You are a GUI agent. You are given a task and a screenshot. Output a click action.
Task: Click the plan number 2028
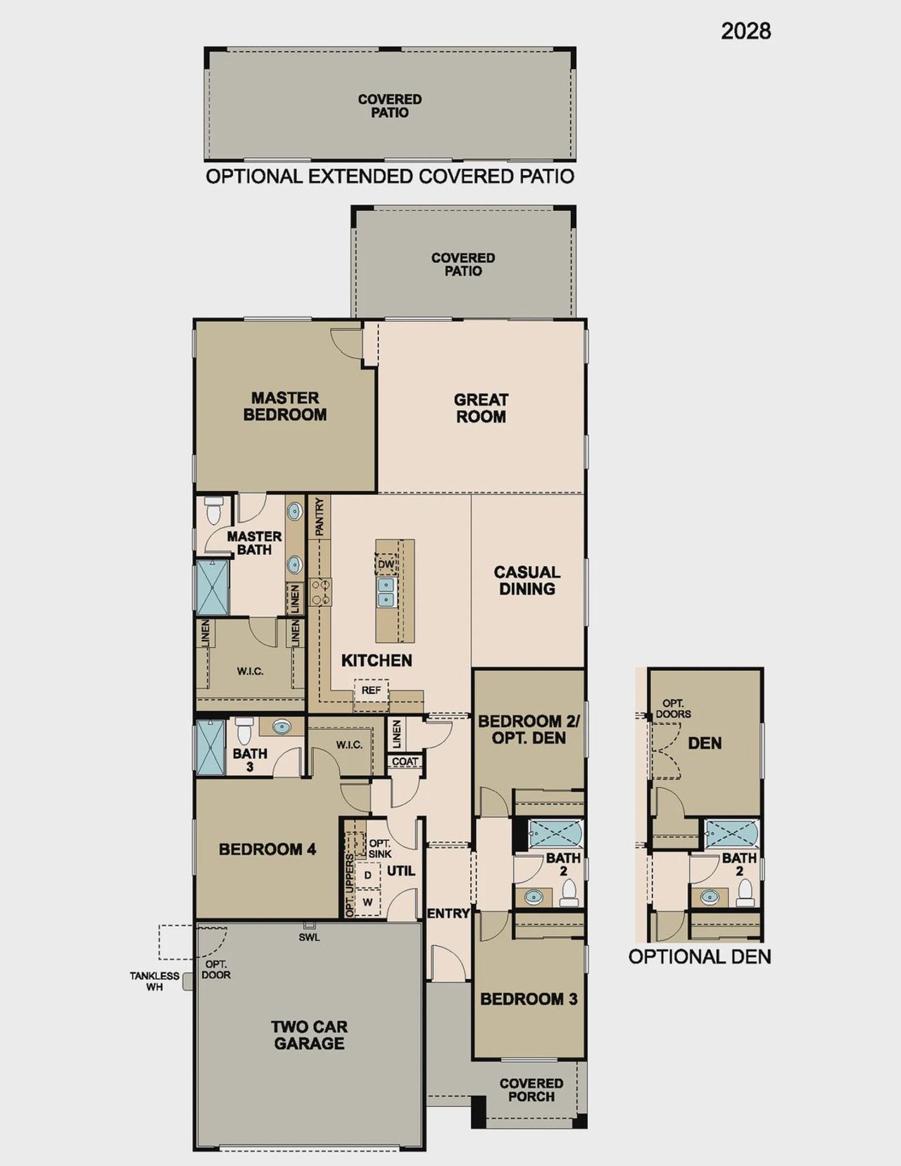point(745,31)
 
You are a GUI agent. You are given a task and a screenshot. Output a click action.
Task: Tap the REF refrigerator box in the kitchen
point(371,691)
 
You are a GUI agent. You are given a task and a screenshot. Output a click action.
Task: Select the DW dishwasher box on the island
point(386,564)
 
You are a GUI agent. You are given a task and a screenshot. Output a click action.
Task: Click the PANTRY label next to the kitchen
point(319,517)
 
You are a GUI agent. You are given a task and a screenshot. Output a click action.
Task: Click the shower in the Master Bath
point(212,588)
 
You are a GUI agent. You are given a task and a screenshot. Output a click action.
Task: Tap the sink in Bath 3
point(282,726)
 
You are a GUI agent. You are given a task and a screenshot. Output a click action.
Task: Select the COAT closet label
point(405,762)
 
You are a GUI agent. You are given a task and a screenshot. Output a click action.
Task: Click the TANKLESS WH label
point(154,981)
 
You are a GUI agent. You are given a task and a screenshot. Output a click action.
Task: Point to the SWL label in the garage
point(309,937)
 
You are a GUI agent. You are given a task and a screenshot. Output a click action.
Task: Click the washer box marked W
point(367,902)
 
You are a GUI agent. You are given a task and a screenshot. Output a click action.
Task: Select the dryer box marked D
point(367,876)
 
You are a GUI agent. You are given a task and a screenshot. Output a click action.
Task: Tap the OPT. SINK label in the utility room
point(379,848)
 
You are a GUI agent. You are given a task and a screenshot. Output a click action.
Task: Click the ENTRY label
point(448,914)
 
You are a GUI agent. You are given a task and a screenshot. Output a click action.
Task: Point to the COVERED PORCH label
point(531,1090)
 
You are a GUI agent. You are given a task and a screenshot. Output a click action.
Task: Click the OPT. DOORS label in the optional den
point(673,709)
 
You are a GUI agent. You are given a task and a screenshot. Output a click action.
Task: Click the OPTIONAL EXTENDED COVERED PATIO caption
point(389,177)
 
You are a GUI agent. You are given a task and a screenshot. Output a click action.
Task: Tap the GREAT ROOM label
point(481,408)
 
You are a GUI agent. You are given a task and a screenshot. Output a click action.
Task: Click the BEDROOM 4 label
point(267,850)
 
